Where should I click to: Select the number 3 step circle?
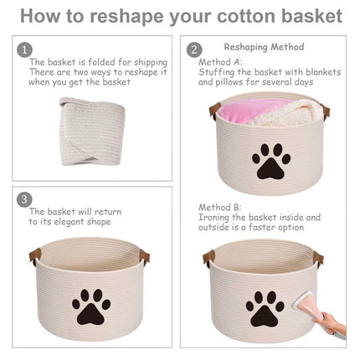[24, 199]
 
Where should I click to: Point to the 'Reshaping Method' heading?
[265, 47]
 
